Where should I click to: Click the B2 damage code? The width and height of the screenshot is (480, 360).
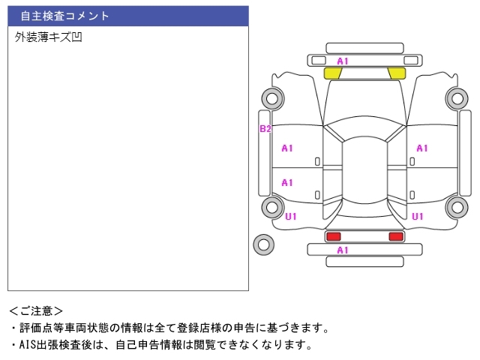pos(265,129)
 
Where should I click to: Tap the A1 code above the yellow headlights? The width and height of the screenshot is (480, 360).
pos(343,61)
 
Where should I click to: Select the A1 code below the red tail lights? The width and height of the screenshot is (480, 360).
pos(343,250)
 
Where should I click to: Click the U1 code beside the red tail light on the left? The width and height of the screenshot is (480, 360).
pos(291,217)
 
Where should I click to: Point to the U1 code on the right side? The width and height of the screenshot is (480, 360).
pos(418,217)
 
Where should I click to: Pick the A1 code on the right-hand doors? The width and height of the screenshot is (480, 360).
pos(421,148)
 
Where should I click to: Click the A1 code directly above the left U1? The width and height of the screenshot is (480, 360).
pos(287,182)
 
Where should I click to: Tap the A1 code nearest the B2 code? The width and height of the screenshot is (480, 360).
pos(287,148)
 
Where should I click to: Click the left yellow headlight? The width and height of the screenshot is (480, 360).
pos(332,73)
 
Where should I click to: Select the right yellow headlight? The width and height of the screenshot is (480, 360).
pos(397,73)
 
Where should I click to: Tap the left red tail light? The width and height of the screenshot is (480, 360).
pos(332,236)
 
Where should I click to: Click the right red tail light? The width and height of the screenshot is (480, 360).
pos(395,236)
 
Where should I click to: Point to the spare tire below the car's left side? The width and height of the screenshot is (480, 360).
pos(263,244)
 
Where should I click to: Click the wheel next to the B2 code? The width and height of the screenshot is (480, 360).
pos(272,97)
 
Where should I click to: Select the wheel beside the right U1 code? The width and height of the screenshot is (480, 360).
pos(455,207)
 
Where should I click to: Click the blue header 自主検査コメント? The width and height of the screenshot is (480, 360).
pos(128,16)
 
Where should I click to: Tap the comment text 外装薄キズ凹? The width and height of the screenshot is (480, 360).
pos(48,37)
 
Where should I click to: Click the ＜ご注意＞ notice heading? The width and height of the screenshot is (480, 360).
pos(37,310)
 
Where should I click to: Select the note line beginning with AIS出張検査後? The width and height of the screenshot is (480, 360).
pos(160,345)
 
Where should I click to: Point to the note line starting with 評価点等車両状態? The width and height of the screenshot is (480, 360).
pos(169,328)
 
